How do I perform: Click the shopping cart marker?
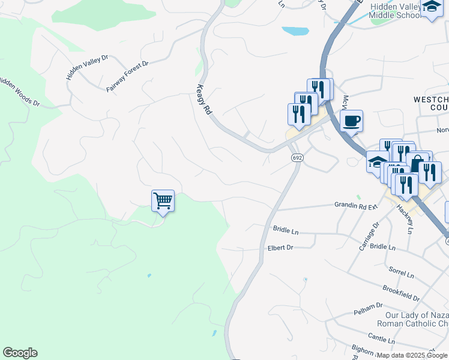coord(163,200)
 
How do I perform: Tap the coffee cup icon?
coord(351,121)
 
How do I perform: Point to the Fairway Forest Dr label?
coord(127,76)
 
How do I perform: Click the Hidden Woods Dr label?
coord(19,91)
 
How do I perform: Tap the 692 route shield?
coord(297,158)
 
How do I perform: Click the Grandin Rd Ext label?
coord(355,205)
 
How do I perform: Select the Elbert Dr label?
coord(280,247)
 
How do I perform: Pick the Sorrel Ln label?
coord(402,273)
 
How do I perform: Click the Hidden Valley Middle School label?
coord(396,11)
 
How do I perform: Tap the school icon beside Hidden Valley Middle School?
coord(432,7)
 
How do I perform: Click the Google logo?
coord(20,353)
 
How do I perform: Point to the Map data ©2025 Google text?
coord(411,355)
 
